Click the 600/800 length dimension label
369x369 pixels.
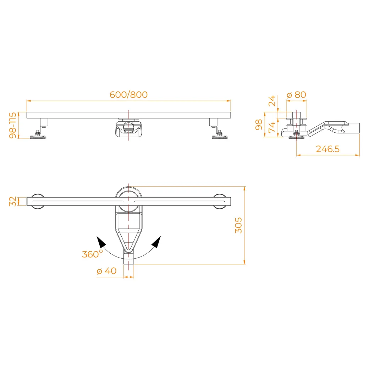click(x=128, y=95)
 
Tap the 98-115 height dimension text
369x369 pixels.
click(x=13, y=125)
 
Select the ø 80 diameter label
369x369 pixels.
click(x=297, y=95)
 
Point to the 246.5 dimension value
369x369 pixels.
click(x=327, y=149)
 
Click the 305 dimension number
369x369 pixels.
click(x=238, y=225)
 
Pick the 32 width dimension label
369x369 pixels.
click(x=13, y=202)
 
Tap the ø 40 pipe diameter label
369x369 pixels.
click(x=106, y=271)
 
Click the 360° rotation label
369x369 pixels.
click(x=93, y=254)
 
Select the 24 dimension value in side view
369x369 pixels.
click(x=272, y=101)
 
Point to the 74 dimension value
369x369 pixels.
click(x=272, y=127)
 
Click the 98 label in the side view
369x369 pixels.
click(x=259, y=125)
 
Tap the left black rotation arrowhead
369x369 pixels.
click(x=101, y=242)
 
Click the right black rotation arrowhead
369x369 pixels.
click(x=156, y=242)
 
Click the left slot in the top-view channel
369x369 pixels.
click(x=78, y=202)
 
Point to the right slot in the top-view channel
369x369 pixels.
click(x=179, y=202)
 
